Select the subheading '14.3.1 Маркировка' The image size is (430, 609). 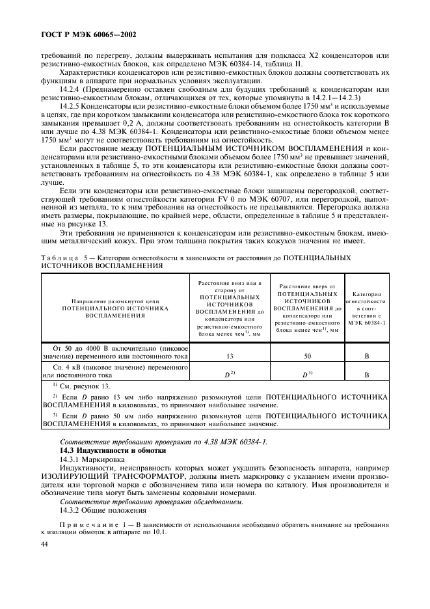(92, 459)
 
